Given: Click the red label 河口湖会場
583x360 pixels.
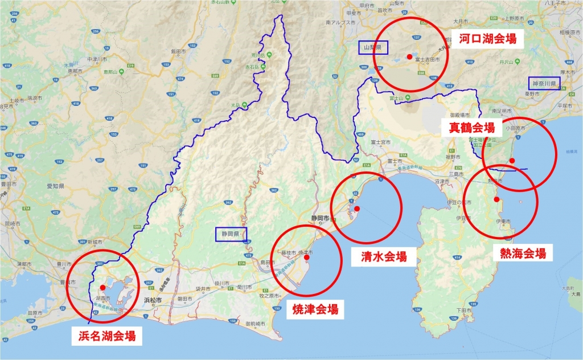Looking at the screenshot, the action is (x=488, y=39).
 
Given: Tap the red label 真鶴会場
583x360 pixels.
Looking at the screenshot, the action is (x=472, y=127).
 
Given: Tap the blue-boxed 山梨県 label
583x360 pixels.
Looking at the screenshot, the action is (x=373, y=47).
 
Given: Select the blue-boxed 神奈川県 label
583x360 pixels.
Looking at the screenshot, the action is (x=544, y=83).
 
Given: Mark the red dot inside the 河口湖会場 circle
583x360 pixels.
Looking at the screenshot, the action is (x=409, y=56).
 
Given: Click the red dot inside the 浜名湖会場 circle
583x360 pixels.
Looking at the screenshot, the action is (x=102, y=287).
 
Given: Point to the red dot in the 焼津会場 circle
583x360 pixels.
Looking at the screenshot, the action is (x=307, y=257).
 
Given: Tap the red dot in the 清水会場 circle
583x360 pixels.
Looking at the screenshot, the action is (x=357, y=208).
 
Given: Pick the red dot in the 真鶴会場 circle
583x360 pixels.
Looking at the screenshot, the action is (x=512, y=160).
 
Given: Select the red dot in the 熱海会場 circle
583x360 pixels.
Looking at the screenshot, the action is (x=497, y=199).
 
